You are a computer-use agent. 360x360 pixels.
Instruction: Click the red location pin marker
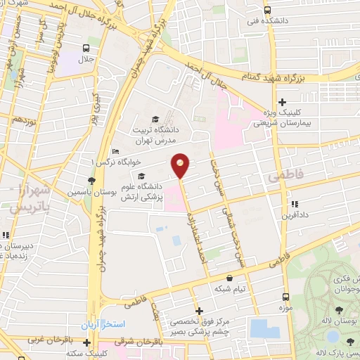181,165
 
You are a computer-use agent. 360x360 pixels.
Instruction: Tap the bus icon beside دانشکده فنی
267,10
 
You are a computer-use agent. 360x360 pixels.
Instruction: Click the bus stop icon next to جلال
86,49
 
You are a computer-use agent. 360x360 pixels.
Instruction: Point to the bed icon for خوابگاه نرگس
116,153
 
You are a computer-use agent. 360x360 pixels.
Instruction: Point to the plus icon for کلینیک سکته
86,343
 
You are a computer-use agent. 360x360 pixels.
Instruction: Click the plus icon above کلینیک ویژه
282,102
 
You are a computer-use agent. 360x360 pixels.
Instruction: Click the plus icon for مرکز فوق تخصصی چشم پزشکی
199,310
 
